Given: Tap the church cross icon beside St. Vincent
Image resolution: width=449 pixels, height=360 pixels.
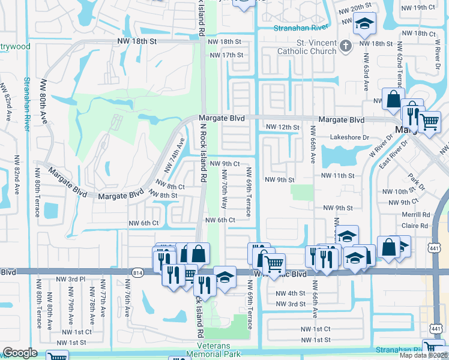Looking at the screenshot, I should pos(345,45).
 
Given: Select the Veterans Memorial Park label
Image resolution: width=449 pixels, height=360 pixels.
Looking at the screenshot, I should pos(223,350).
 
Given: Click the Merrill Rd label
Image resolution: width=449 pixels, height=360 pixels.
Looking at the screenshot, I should pos(417,214).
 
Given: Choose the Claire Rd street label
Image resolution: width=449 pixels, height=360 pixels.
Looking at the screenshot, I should pos(417,226).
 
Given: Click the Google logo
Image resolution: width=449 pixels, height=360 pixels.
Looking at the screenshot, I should pos(20,353).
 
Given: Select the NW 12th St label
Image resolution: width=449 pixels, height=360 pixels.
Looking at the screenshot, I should pos(282,127).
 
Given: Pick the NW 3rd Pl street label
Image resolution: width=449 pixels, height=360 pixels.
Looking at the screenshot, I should pos(70,280).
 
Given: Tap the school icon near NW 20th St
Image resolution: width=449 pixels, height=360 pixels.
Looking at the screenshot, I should pos(364,24).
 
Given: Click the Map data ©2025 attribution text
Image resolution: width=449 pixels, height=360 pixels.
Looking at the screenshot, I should pos(423,355).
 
